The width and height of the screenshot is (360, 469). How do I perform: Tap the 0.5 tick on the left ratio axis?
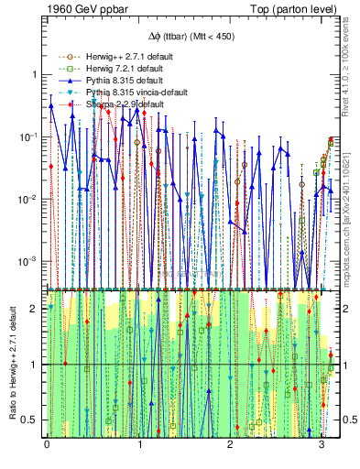coord(30,420)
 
